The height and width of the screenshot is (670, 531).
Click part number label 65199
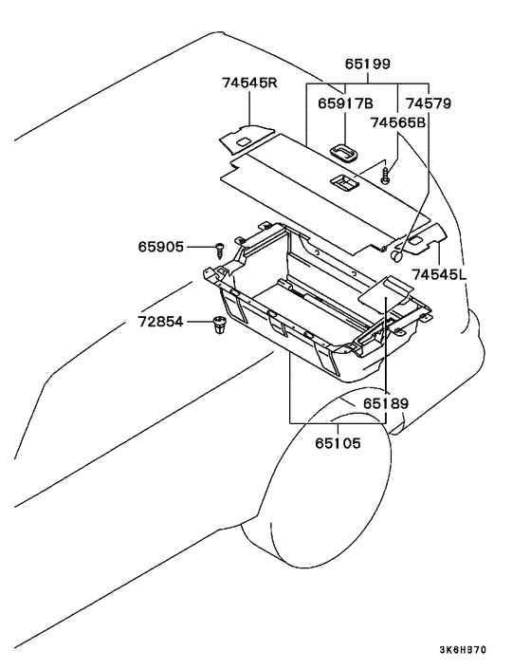(x=368, y=65)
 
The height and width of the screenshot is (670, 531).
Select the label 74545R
(x=249, y=83)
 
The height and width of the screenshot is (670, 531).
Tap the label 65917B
(x=345, y=103)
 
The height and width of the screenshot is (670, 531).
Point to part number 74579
(x=429, y=103)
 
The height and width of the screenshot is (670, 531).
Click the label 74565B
(x=398, y=122)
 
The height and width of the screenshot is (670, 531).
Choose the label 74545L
(x=439, y=274)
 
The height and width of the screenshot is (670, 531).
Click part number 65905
(x=161, y=247)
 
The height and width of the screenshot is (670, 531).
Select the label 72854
(x=161, y=322)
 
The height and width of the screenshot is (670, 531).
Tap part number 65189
(x=386, y=403)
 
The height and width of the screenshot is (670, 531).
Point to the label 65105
(x=339, y=443)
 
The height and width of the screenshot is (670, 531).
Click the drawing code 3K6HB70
(x=463, y=650)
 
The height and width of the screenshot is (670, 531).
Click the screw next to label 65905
(x=220, y=250)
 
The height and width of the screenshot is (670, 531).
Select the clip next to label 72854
(x=219, y=325)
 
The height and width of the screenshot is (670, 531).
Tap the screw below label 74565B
(x=386, y=176)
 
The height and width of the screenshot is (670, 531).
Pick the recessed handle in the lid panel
(x=344, y=183)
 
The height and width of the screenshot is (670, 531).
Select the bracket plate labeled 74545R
(x=246, y=138)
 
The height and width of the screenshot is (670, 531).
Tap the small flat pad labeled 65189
(x=385, y=291)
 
